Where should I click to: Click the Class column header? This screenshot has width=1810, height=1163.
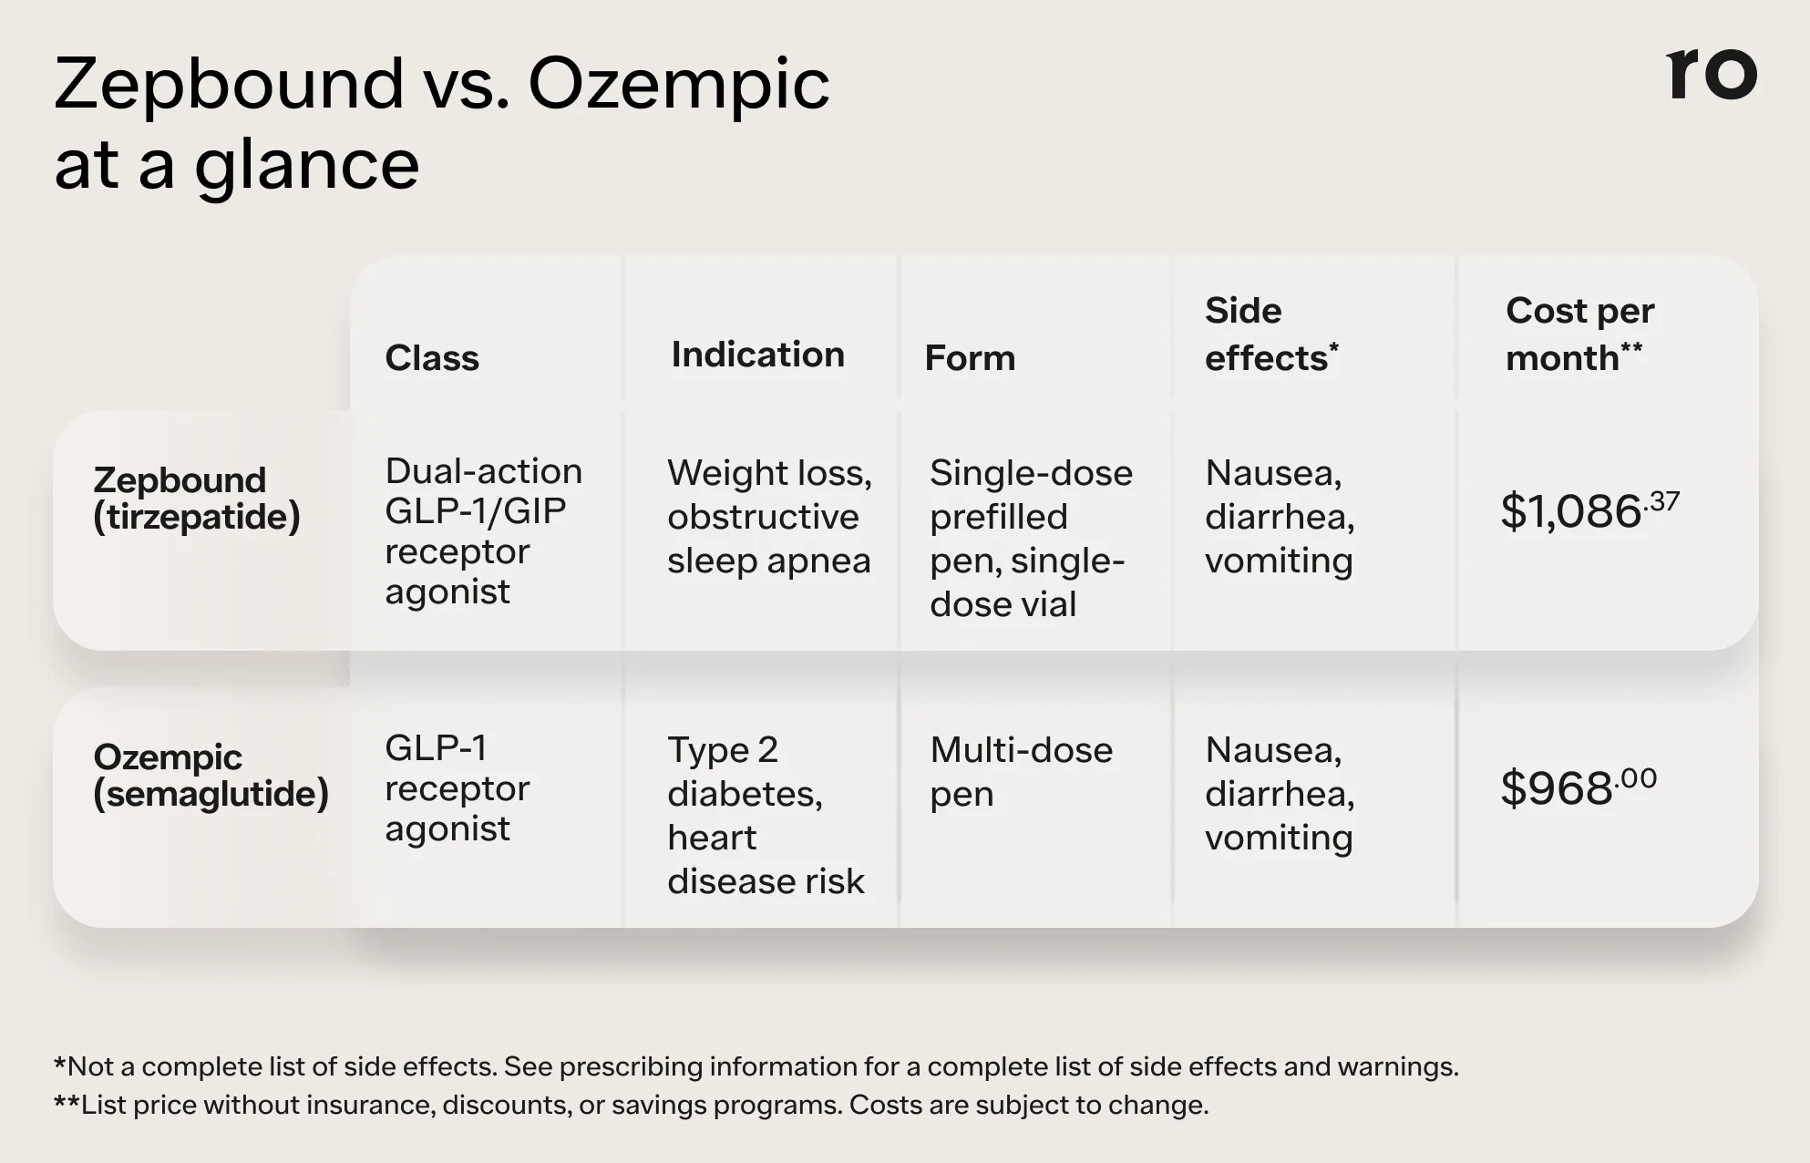coord(432,357)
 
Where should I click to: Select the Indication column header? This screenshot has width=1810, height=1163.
coord(757,354)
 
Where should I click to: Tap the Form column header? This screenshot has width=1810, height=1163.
coord(970,357)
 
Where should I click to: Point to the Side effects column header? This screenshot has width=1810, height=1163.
coord(1270,334)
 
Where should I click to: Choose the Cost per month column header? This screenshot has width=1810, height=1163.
coord(1579,334)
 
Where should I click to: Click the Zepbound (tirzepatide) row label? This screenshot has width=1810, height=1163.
coord(196,498)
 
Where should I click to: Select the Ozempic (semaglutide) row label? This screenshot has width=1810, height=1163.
coord(211,775)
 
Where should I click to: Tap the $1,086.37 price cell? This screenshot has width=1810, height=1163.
coord(1589,510)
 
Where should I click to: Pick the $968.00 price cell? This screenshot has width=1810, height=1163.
coord(1578,787)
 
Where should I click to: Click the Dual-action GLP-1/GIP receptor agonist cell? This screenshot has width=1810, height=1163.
coord(483,530)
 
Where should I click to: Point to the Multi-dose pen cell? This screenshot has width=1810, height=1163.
coord(1021,771)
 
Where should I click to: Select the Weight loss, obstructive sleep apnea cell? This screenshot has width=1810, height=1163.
coord(769,516)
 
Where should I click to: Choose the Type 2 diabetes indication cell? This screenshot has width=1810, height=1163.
coord(766,815)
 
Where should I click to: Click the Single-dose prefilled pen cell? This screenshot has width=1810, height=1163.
coord(1031,538)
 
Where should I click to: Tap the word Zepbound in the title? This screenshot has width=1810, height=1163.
coord(229,84)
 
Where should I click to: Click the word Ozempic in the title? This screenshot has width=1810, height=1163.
coord(679,84)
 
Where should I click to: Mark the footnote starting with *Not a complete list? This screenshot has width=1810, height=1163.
coord(756,1065)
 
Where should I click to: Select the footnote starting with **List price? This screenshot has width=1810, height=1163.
coord(631,1105)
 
